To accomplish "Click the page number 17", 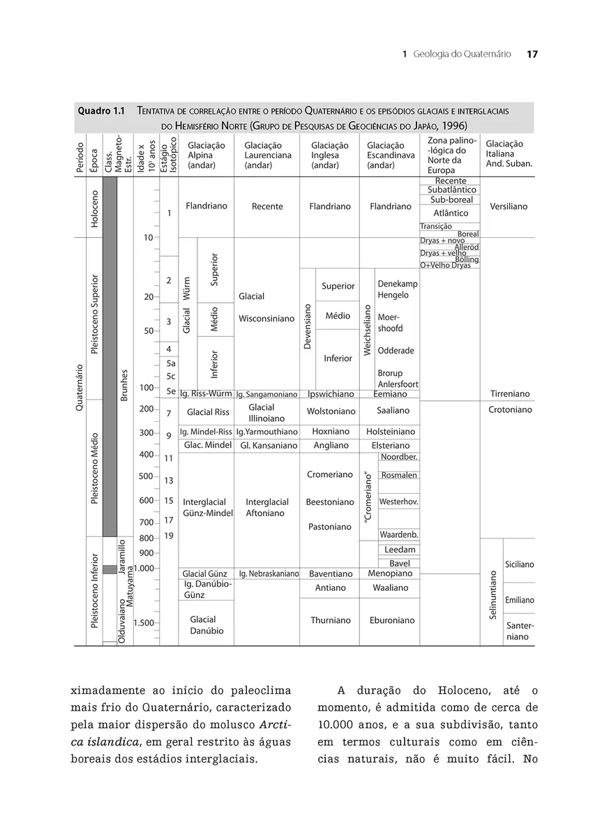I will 532,54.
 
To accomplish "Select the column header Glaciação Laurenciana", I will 268,155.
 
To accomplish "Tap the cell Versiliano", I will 509,206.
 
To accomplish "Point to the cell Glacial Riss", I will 208,412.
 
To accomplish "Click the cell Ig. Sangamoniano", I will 267,394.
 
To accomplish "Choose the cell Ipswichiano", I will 331,393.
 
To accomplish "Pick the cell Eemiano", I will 391,393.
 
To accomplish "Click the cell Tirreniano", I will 509,393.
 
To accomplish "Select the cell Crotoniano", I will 510,410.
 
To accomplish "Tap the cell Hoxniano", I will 331,431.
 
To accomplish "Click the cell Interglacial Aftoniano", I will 266,507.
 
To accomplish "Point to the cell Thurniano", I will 331,620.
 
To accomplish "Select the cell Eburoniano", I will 392,620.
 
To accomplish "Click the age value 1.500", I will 143,623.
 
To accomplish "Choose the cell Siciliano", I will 520,564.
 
